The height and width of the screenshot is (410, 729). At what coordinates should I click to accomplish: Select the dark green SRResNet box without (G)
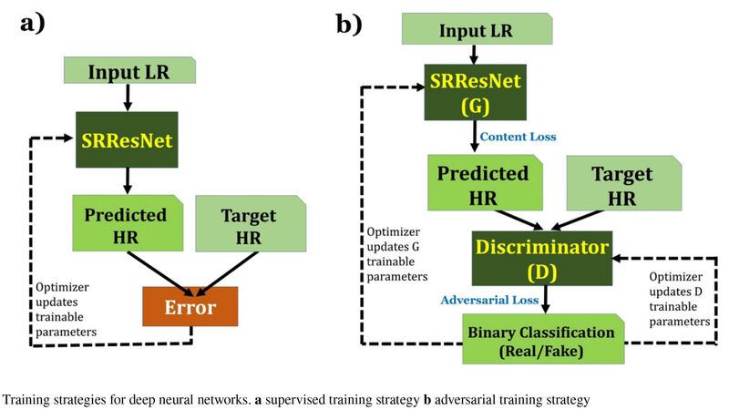(x=128, y=140)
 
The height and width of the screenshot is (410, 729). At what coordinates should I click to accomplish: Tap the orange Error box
(x=190, y=307)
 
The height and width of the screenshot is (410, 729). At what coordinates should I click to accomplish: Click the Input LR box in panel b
(x=477, y=30)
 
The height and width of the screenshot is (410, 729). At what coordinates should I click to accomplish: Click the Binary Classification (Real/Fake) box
(x=542, y=339)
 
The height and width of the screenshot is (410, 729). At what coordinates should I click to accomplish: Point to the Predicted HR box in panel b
(x=484, y=185)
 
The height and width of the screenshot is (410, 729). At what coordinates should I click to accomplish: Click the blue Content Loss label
(x=518, y=137)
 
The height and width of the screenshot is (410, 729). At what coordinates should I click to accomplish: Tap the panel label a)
(x=45, y=25)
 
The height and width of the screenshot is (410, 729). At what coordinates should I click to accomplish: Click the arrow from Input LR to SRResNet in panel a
(x=128, y=96)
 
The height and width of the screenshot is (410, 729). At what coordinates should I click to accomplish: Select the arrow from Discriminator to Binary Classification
(x=545, y=298)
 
